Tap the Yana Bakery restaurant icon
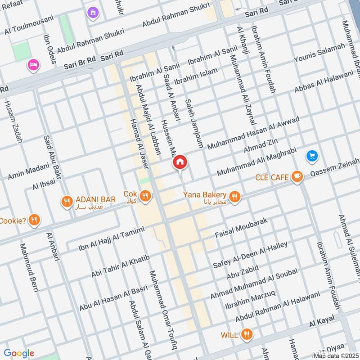point(234,197)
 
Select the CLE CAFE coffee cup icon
point(297,177)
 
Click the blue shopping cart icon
point(312,156)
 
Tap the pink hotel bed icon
point(33,66)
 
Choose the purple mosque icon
point(93,13)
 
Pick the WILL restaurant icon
point(246,334)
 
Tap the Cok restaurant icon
point(144,196)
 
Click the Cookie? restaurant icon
point(34,220)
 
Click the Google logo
point(19,353)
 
